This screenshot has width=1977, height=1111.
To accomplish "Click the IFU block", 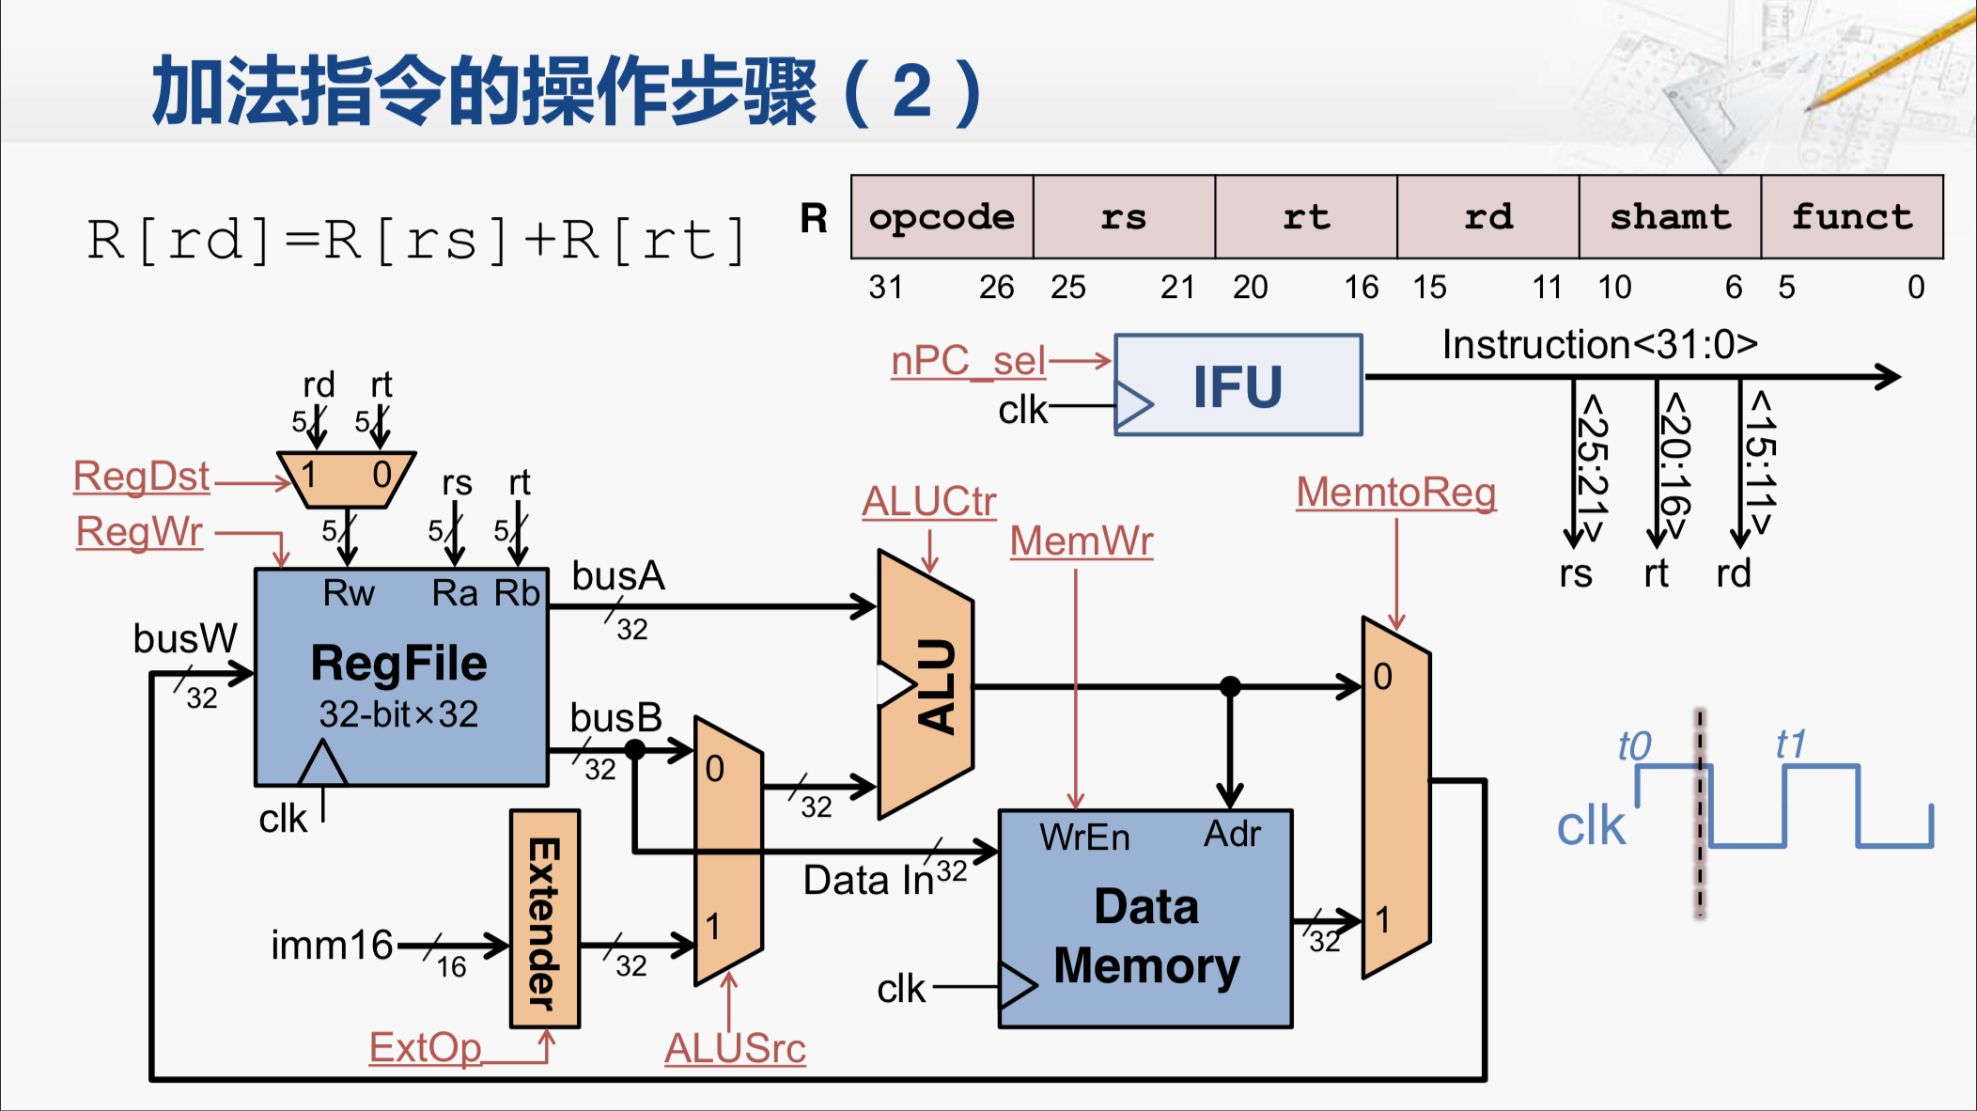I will [1238, 385].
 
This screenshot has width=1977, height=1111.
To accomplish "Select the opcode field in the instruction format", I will [942, 217].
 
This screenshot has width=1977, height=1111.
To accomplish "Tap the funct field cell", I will [1851, 217].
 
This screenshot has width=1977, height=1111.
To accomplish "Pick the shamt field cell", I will [1670, 217].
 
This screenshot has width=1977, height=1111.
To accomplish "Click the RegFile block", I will [401, 677].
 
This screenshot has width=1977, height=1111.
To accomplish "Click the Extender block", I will [544, 919].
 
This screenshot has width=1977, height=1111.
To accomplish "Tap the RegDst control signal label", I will [141, 477].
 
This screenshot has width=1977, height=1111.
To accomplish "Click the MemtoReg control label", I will [1395, 493].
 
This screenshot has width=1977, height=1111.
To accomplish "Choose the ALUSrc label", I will [735, 1048].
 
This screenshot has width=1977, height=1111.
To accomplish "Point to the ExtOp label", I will [425, 1047].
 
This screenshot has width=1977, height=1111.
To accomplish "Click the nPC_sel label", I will [968, 361].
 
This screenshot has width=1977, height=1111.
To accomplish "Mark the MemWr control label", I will [1081, 541].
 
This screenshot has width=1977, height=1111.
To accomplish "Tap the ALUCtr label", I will [928, 502].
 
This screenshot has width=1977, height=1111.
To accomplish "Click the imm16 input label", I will [331, 945].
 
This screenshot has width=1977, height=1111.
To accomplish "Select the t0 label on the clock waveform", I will [1634, 746].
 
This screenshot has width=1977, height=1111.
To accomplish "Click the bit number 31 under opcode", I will [885, 287].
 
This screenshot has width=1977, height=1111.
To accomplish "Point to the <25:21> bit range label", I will [1592, 467].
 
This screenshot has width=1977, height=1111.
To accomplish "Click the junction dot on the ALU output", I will [1230, 686].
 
